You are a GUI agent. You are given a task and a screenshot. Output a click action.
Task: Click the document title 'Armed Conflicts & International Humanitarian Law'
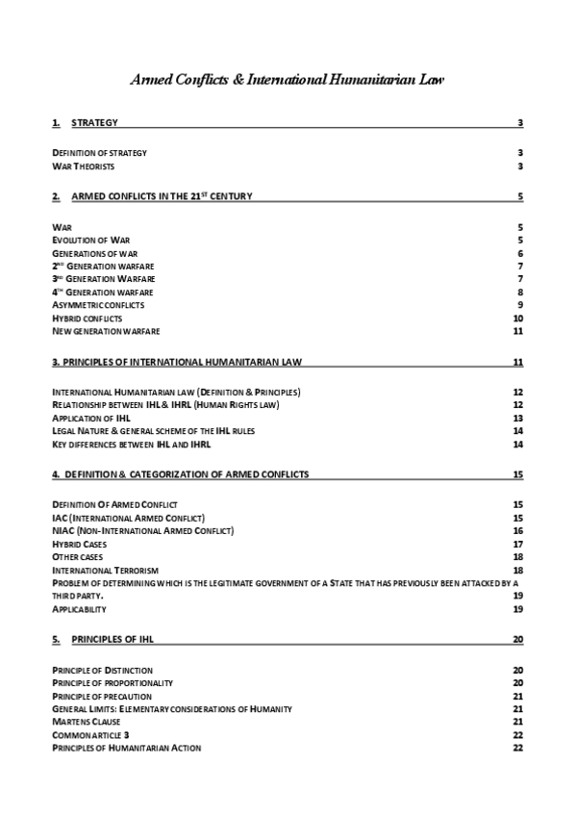pos(288,80)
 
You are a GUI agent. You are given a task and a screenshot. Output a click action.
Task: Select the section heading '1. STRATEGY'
pos(86,123)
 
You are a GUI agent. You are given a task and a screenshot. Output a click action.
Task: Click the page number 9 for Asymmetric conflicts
pos(519,305)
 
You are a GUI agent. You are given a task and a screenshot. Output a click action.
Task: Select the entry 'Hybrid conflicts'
pos(87,319)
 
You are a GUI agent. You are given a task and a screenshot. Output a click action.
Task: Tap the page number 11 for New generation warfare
pos(518,332)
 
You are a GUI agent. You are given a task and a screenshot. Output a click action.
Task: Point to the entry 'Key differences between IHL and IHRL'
pos(131,445)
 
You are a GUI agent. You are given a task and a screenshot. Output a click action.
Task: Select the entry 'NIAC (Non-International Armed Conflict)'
pos(142,530)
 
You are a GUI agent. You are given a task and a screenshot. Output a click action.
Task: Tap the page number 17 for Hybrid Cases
pos(518,544)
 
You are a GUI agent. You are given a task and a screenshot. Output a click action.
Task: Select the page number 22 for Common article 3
pos(518,735)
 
